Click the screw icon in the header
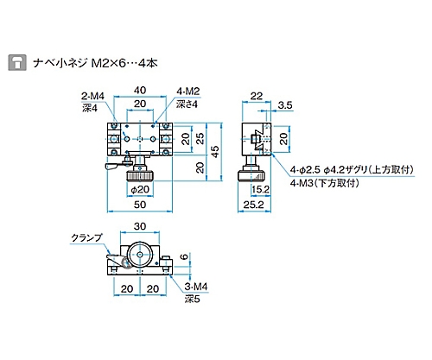(x=15, y=62)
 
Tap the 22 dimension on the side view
(x=257, y=96)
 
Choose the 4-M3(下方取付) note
(x=327, y=184)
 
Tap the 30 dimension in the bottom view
(x=139, y=227)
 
